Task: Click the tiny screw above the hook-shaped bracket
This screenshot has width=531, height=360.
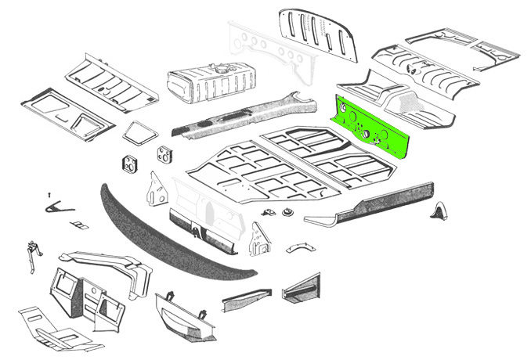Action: pyautogui.click(x=49, y=193)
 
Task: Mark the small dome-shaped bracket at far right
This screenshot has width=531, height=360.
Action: pyautogui.click(x=441, y=211)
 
